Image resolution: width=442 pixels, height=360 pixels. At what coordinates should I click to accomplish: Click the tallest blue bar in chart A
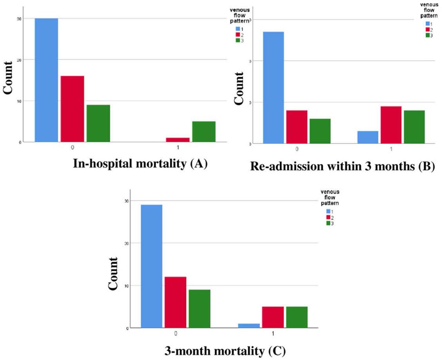(x=46, y=80)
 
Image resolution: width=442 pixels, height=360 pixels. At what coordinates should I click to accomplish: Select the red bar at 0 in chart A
(x=72, y=109)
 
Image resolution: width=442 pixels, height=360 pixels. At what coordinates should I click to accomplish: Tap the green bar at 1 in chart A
(x=204, y=132)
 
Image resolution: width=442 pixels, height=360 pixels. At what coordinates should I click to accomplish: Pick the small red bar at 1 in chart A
(x=178, y=140)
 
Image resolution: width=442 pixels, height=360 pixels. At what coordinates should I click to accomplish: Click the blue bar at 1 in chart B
(x=368, y=137)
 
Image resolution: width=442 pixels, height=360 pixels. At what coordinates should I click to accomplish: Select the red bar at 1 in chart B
(x=391, y=125)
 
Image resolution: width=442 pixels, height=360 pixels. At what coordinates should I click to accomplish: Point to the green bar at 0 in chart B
(x=320, y=131)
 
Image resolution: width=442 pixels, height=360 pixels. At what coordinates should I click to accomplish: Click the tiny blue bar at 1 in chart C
(x=249, y=326)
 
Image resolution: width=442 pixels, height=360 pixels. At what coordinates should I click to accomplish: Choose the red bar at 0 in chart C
(x=175, y=302)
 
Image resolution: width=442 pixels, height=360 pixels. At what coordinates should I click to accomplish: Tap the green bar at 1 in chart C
(x=297, y=317)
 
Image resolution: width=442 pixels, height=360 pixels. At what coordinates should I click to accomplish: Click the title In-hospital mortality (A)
(x=140, y=163)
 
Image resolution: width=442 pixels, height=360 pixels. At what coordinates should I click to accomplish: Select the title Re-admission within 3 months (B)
(x=342, y=166)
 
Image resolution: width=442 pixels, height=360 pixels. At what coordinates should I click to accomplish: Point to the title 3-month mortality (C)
(x=225, y=351)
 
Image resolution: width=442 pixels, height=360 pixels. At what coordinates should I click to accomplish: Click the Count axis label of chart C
(x=113, y=274)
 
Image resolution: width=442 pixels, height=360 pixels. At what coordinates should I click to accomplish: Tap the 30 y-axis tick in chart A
(x=19, y=19)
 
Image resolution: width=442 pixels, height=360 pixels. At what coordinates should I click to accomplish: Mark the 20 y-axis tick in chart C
(x=126, y=243)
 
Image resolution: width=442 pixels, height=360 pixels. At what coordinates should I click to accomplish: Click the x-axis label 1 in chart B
(x=391, y=149)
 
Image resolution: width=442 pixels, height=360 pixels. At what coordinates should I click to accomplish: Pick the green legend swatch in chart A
(x=238, y=40)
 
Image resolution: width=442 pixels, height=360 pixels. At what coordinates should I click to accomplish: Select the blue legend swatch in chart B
(x=427, y=24)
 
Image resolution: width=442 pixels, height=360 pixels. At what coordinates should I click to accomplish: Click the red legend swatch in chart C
(x=328, y=217)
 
